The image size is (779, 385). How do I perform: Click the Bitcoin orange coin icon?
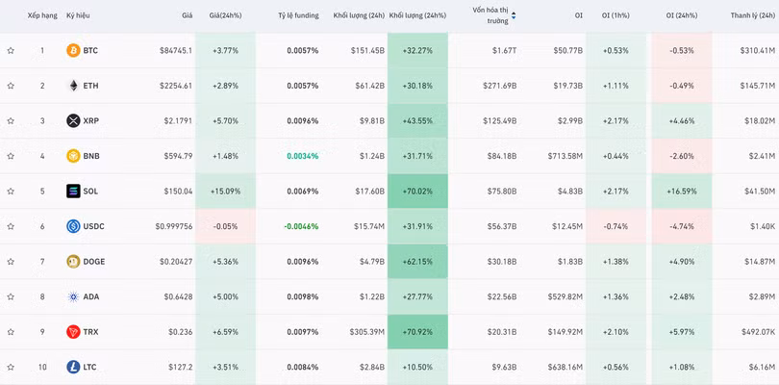pos(73,50)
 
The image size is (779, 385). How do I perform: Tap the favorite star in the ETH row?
pos(11,86)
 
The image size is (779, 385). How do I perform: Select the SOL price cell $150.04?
pos(178,191)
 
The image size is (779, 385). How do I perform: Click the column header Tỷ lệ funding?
pos(298,15)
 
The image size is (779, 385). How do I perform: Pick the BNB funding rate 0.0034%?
pos(303,156)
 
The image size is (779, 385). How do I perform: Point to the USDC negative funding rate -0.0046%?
pos(301,226)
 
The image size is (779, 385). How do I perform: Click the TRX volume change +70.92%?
pos(417,332)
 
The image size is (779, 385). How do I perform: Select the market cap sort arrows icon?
pos(514,16)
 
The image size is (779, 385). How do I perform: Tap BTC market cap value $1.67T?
pos(504,50)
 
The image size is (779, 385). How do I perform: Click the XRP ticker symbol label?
pos(91,120)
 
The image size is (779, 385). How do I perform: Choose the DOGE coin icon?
pos(73,261)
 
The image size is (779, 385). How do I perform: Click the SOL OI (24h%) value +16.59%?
pos(682,191)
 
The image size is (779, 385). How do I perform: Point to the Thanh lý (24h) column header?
pos(753,15)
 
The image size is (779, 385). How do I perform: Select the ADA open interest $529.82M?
pos(565,296)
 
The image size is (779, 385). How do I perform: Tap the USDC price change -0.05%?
pos(225,226)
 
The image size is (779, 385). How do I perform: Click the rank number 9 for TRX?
pos(42,332)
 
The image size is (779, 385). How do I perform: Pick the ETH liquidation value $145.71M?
pos(758,86)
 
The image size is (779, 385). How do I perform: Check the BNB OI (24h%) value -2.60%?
pos(682,156)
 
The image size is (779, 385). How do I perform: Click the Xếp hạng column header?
pos(42,15)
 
